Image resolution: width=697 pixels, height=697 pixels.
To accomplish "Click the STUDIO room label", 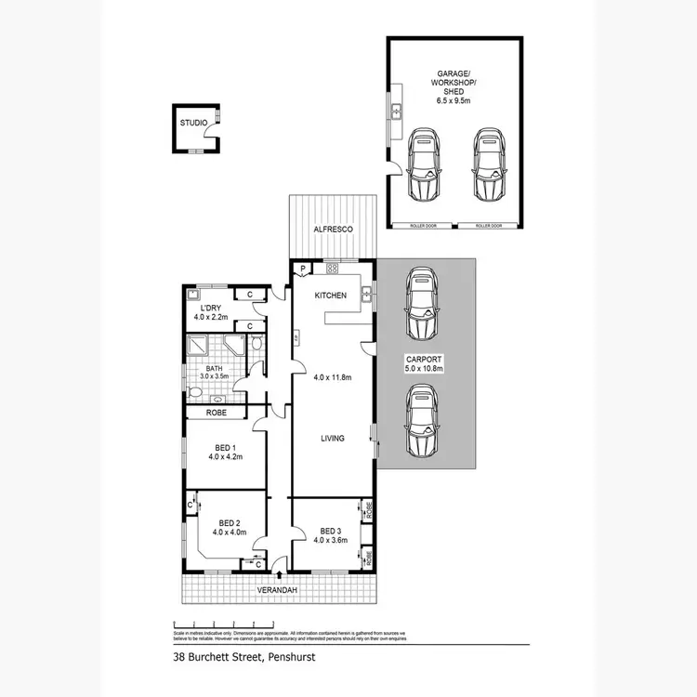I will click(x=193, y=121).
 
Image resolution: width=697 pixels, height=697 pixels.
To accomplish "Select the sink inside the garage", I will click(x=395, y=112).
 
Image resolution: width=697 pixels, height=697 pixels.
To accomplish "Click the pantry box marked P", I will click(x=303, y=270).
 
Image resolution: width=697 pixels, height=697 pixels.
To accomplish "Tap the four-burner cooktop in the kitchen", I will click(x=331, y=270).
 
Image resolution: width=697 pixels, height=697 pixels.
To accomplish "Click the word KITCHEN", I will click(x=330, y=296).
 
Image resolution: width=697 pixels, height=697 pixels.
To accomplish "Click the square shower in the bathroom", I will click(x=199, y=348).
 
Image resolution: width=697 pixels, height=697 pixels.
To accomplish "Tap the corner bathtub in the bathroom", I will click(x=234, y=347).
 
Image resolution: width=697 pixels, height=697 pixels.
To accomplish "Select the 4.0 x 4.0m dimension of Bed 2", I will click(x=229, y=533).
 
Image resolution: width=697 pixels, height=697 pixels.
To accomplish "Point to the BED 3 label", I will click(x=330, y=530).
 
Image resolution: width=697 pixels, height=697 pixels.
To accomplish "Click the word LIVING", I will click(x=333, y=438).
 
